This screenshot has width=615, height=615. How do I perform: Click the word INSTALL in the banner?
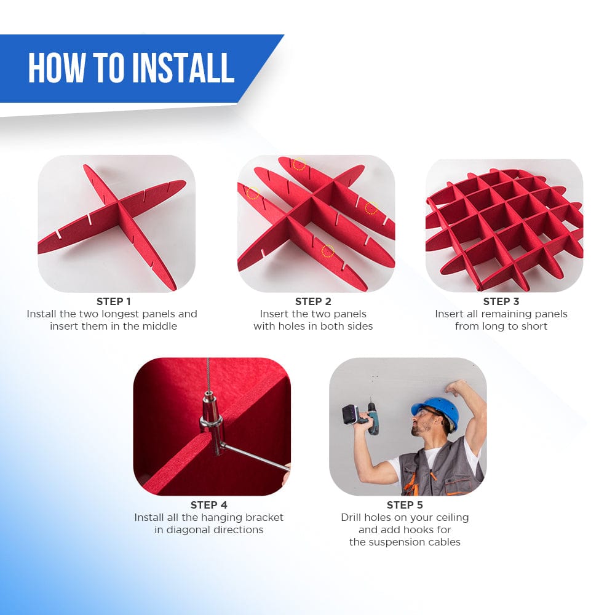click(183, 68)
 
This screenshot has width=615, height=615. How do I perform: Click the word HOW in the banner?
click(57, 68)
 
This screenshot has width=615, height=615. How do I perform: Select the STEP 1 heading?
click(113, 301)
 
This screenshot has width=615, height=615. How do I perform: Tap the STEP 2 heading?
click(313, 301)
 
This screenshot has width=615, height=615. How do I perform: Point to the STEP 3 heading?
click(501, 301)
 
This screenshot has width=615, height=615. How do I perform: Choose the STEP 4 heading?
click(208, 505)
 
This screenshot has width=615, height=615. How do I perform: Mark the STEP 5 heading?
click(405, 505)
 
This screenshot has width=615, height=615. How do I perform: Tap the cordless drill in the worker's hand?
click(360, 416)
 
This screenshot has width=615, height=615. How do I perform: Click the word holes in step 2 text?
click(292, 327)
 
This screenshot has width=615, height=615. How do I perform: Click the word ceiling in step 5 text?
click(452, 518)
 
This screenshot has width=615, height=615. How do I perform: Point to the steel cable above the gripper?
click(208, 376)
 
